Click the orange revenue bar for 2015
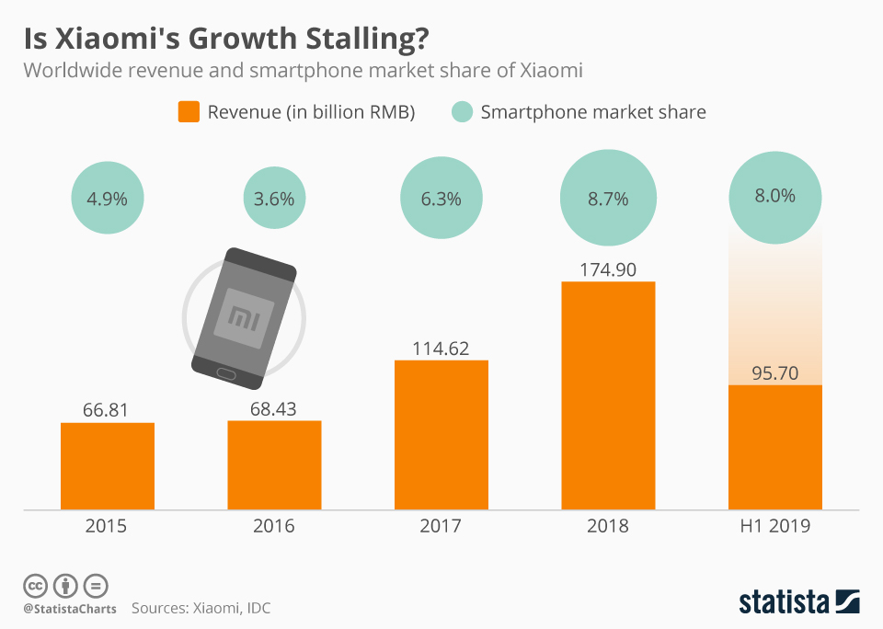click(108, 465)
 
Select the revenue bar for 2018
click(608, 395)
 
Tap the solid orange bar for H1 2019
click(774, 447)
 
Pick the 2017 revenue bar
click(441, 434)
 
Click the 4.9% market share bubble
click(108, 198)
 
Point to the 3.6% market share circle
click(274, 198)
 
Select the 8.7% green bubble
click(608, 198)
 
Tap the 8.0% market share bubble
click(774, 196)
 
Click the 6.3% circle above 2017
click(441, 198)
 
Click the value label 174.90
click(608, 269)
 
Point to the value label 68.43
click(274, 407)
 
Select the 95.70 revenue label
click(774, 372)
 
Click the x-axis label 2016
click(274, 527)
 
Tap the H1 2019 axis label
click(774, 527)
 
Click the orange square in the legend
click(189, 112)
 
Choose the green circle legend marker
click(463, 112)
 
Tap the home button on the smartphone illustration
click(225, 372)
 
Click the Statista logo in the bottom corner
click(799, 602)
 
